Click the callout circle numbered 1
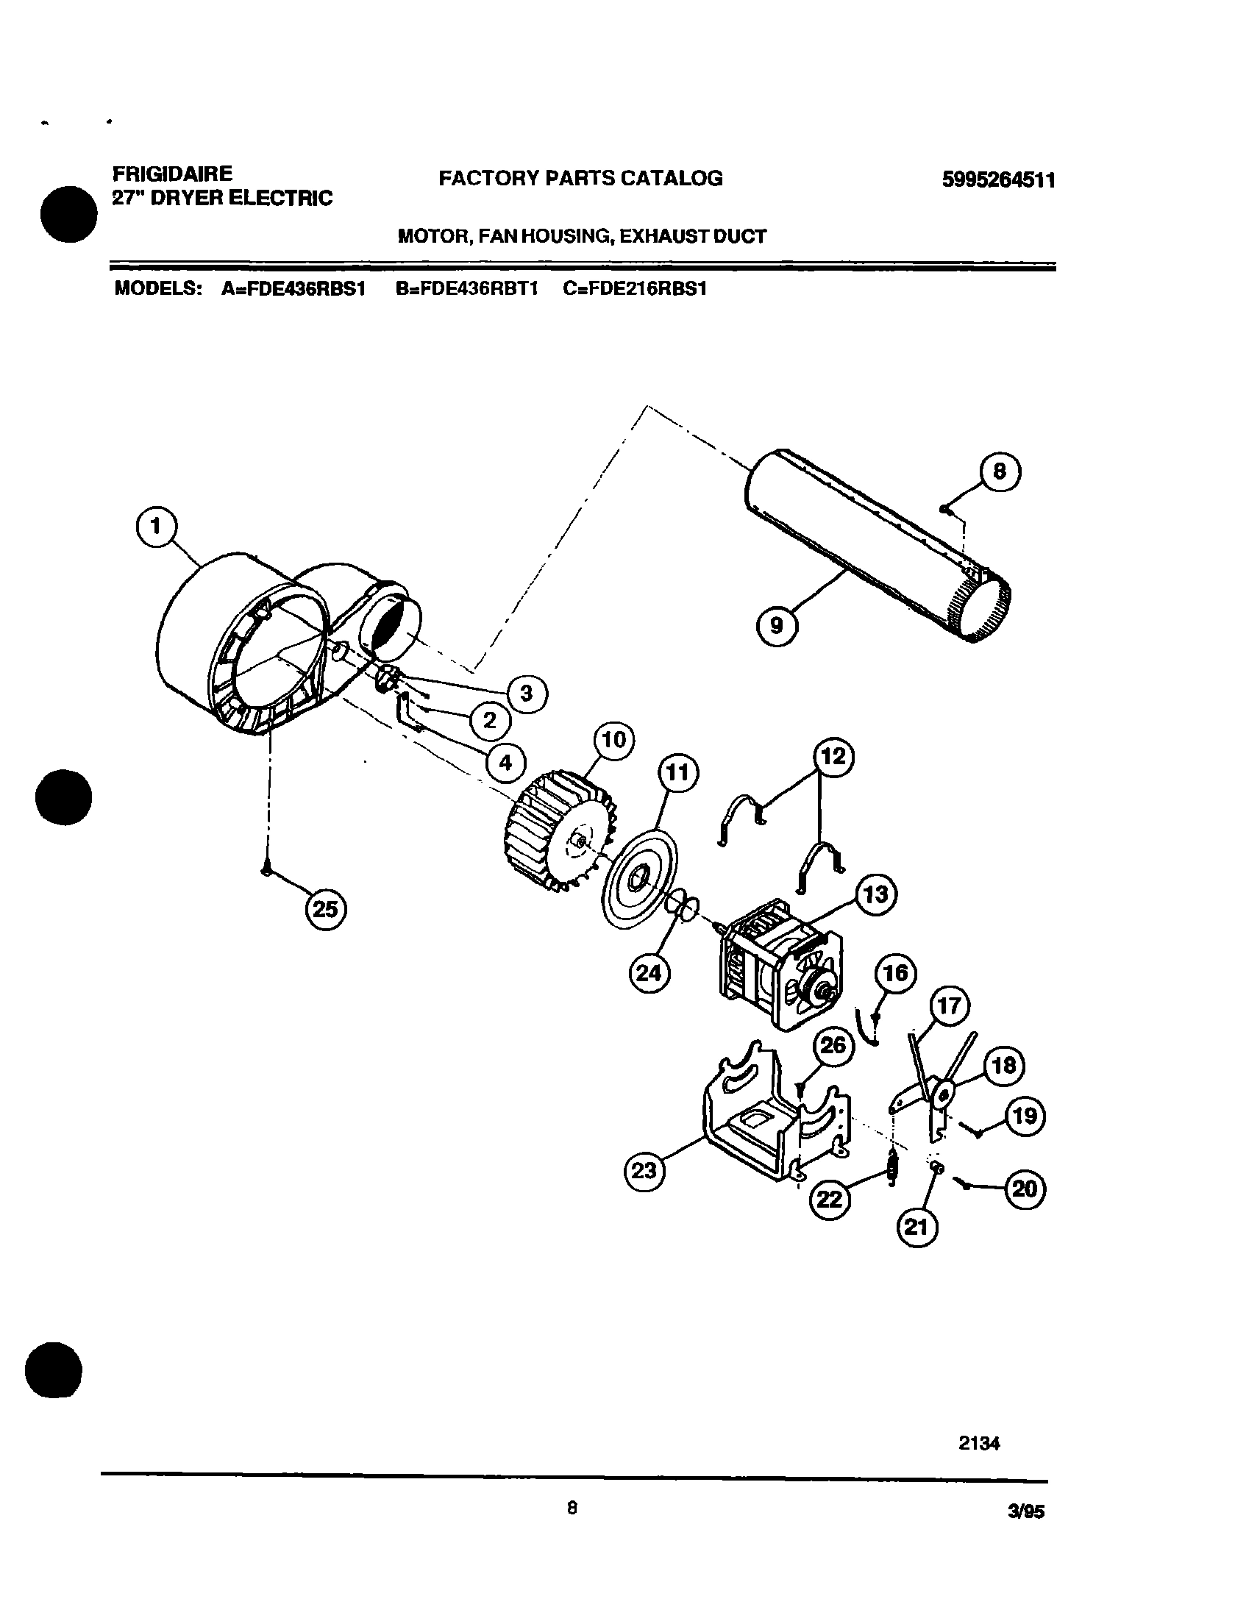157,527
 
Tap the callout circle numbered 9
777,626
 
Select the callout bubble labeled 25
325,909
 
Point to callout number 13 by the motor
875,894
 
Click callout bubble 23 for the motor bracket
644,1169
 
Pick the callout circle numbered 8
1000,471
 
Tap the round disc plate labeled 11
641,877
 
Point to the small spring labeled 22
893,1167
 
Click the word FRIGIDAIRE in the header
172,174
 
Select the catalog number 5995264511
998,180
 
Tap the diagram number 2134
979,1443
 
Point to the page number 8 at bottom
572,1509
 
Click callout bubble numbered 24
649,974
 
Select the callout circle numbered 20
1025,1188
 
